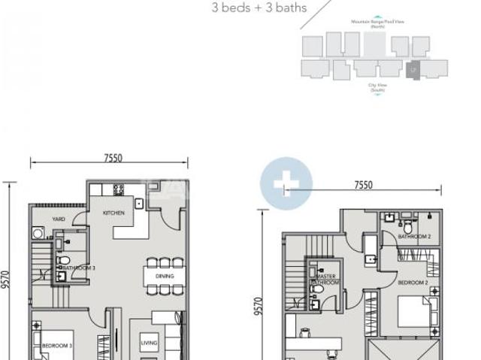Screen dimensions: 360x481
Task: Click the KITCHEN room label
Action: pos(113,213)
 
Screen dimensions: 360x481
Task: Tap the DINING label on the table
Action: pos(165,276)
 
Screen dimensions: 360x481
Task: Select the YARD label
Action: pos(58,219)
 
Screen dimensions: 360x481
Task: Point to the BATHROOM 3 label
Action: pos(78,268)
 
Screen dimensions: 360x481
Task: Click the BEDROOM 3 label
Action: pos(56,345)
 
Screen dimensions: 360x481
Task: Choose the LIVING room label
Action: pos(149,344)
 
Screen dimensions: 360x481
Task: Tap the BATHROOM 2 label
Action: pos(414,236)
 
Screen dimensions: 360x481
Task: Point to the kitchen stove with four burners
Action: pos(119,189)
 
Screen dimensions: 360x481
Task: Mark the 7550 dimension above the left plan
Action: pos(113,158)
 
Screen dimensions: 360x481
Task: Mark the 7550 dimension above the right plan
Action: pos(363,185)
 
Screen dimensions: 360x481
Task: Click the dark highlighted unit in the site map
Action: pos(413,69)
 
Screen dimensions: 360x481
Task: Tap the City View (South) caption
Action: pos(377,87)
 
